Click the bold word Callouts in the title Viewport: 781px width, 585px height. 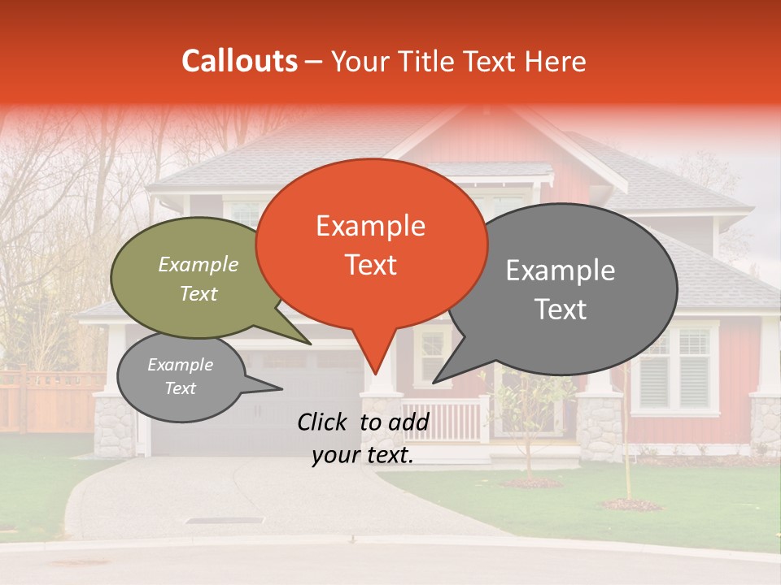tap(239, 61)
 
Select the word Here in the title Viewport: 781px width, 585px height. tap(556, 62)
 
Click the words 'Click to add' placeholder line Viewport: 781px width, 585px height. tap(363, 422)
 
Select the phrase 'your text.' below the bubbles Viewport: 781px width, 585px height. tap(363, 456)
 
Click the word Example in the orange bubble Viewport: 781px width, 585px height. tap(371, 226)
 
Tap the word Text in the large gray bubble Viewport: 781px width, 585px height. tap(561, 309)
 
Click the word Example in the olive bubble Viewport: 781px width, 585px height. tap(199, 264)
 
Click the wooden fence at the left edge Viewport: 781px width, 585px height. tap(49, 398)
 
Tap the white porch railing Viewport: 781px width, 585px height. tap(443, 419)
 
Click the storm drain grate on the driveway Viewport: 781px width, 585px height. tap(225, 520)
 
